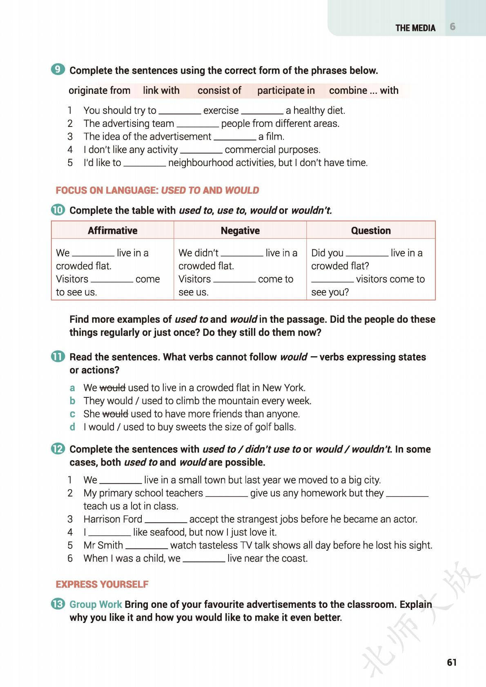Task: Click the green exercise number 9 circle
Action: (58, 69)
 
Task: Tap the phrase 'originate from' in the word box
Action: (99, 90)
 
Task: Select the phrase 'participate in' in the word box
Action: (286, 90)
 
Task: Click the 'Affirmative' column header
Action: (112, 230)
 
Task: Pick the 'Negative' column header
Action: (240, 230)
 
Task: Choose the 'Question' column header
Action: (371, 230)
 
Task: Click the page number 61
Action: (452, 662)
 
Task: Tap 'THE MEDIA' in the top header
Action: (415, 28)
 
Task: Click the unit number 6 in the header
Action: (453, 27)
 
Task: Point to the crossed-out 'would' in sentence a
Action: (112, 388)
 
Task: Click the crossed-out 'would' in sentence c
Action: (115, 414)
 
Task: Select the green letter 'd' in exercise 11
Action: (72, 427)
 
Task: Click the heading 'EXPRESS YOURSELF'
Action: (102, 584)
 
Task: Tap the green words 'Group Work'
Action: (96, 604)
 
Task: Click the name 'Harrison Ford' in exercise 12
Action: (113, 519)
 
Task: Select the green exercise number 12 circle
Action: (58, 449)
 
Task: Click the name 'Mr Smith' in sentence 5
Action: (103, 545)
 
